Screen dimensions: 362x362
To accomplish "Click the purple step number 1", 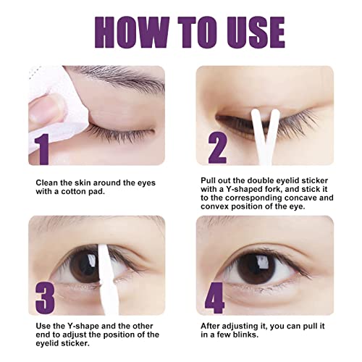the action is (x=42, y=149).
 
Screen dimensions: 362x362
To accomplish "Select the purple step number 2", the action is (x=217, y=148).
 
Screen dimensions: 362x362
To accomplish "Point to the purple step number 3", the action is (x=45, y=298).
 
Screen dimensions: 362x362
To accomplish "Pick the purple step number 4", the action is (x=215, y=298).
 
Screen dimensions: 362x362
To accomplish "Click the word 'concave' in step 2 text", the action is (x=300, y=198).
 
